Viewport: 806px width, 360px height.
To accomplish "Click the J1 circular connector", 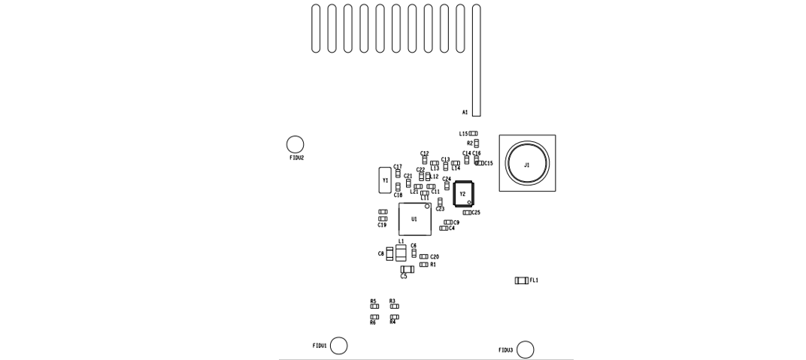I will tap(527, 163).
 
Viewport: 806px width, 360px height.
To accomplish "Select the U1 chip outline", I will tap(415, 219).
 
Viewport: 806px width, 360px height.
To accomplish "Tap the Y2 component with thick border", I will tap(463, 194).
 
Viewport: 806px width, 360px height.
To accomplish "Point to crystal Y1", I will tap(385, 180).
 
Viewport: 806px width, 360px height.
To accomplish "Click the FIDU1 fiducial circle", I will tap(339, 346).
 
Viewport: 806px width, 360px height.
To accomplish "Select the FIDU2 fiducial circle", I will tap(295, 144).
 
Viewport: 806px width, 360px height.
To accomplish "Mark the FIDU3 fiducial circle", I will tap(526, 349).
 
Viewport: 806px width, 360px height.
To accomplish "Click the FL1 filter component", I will tap(521, 280).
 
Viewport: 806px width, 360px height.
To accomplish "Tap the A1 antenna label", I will tap(465, 113).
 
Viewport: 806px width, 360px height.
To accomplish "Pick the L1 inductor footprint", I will tap(401, 253).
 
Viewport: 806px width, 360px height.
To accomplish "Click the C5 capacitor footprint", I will tap(407, 269).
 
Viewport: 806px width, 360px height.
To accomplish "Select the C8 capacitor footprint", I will tap(389, 254).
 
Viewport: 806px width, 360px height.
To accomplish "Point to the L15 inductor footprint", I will tap(474, 134).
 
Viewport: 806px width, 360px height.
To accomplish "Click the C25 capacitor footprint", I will tap(467, 213).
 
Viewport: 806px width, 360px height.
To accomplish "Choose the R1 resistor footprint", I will tap(423, 265).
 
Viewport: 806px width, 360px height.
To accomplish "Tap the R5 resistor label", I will tap(373, 301).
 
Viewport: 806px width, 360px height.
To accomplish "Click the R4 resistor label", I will tap(392, 322).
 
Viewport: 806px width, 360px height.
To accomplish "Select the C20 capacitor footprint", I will tap(423, 257).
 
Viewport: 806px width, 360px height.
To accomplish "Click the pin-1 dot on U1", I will tap(426, 206).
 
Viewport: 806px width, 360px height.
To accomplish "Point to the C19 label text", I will tap(382, 225).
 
